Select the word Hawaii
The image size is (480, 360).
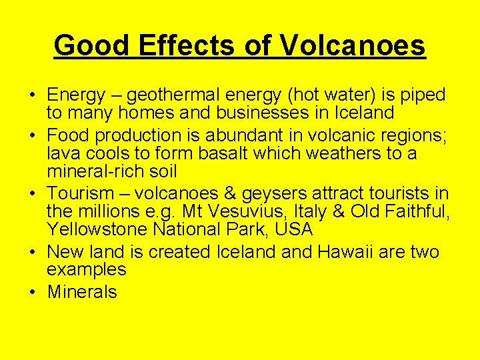365,252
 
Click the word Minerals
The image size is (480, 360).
82,293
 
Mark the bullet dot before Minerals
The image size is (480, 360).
33,293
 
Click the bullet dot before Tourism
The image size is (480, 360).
33,194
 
